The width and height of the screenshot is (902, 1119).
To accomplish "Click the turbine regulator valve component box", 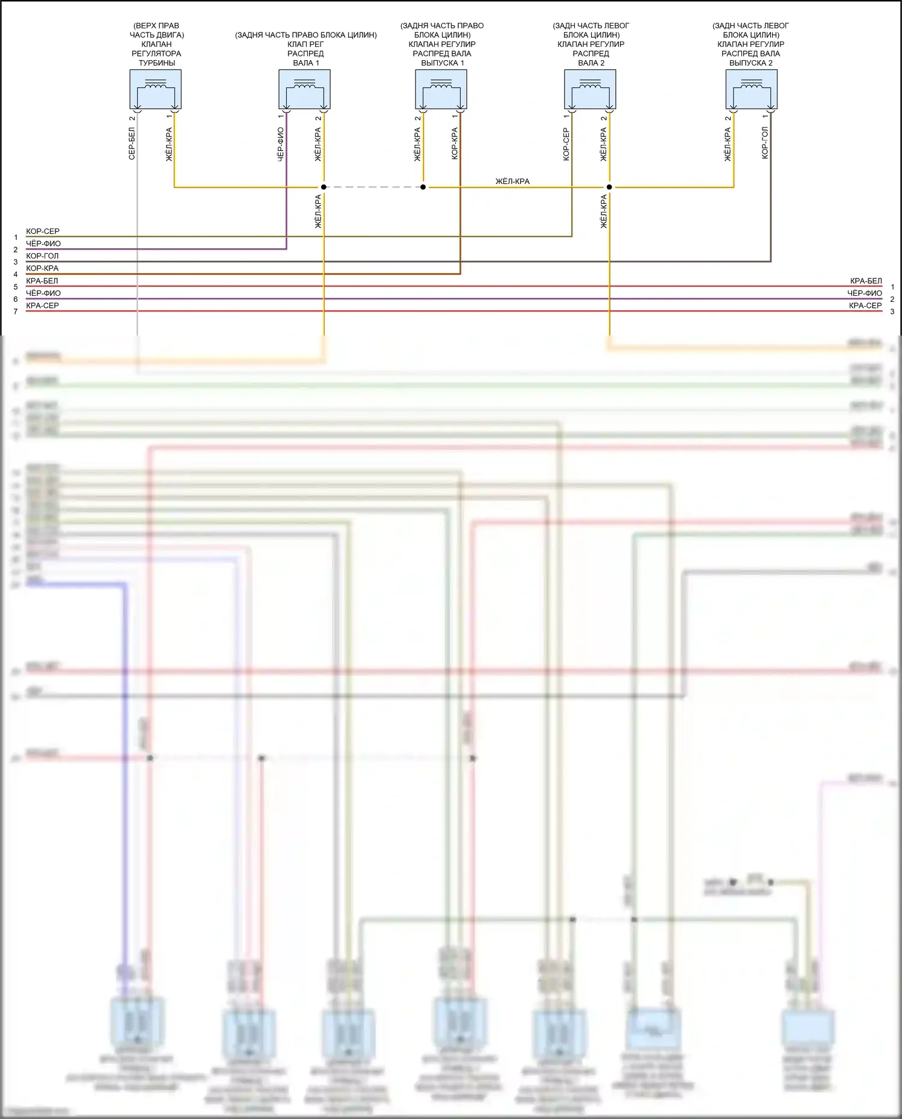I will click(x=155, y=89).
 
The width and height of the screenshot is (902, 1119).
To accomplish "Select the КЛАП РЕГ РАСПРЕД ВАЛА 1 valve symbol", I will click(x=304, y=89).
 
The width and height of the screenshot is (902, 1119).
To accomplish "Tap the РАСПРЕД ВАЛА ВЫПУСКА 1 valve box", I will click(x=441, y=89).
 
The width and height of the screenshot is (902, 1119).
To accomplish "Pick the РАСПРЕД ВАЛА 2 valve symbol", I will click(x=590, y=89).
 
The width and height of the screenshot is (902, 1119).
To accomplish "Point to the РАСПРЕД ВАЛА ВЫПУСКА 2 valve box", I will click(x=751, y=89).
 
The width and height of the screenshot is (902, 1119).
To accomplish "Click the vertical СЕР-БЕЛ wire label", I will click(x=132, y=143).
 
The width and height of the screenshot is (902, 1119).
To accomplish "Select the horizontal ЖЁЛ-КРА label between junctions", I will click(x=512, y=181).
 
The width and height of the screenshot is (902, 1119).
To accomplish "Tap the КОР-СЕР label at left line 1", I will click(x=43, y=231).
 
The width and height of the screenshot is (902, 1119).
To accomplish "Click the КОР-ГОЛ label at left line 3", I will click(x=42, y=256).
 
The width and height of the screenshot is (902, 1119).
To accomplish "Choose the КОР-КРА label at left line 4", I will click(x=42, y=268).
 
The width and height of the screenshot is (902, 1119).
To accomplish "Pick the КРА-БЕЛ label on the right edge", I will click(x=866, y=281).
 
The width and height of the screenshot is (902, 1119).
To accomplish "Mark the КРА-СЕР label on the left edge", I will click(x=42, y=305).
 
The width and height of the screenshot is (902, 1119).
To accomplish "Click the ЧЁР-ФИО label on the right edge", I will click(x=865, y=293).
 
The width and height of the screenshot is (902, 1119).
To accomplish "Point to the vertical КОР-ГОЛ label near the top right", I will click(x=765, y=143).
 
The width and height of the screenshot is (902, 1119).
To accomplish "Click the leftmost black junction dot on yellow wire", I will click(x=324, y=187).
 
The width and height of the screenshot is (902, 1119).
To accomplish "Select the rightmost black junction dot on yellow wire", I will click(x=609, y=187).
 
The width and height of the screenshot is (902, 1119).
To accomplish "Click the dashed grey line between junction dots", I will click(x=373, y=187).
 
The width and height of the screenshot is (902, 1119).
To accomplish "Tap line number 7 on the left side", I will click(x=16, y=311).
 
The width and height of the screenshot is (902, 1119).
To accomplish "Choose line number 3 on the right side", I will click(x=892, y=311).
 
